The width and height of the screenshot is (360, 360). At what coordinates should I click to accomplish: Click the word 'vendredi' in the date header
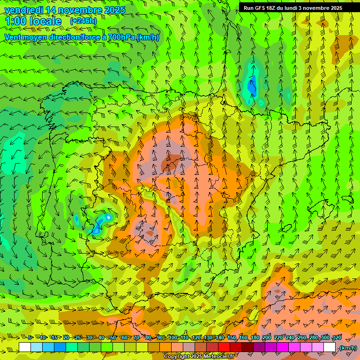[x=22, y=10]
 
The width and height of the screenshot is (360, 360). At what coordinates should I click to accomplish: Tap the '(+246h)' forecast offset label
[x=83, y=21]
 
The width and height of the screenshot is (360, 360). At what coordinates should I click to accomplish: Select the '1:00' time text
[x=15, y=21]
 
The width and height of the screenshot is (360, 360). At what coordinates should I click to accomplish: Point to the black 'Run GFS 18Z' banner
[x=293, y=7]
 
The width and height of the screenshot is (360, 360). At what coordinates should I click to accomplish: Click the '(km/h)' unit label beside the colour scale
[x=347, y=347]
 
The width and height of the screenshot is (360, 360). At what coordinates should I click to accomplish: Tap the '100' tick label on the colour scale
[x=173, y=338]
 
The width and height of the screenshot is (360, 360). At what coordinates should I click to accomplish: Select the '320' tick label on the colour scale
[x=337, y=338]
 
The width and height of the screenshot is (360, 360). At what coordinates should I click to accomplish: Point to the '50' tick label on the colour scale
[x=113, y=338]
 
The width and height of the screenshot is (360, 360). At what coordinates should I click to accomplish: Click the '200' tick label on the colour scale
[x=267, y=338]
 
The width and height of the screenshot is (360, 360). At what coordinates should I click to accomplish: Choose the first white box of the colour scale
[x=25, y=347]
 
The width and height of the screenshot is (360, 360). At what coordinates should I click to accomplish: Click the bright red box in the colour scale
[x=224, y=347]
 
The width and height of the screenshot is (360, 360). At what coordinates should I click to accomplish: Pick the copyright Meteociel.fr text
[x=199, y=357]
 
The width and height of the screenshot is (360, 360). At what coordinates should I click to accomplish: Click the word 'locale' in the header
[x=45, y=21]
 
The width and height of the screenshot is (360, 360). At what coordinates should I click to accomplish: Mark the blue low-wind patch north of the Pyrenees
[x=252, y=87]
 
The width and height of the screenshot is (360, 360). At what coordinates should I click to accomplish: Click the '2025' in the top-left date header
[x=114, y=10]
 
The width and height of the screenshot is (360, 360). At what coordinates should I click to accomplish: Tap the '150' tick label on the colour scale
[x=232, y=338]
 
